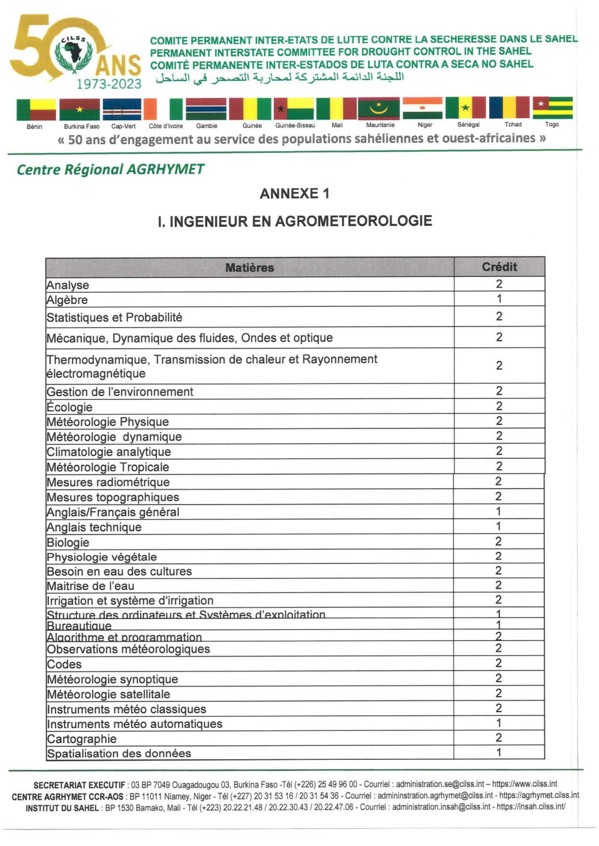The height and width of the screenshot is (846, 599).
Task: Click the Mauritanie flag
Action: pyautogui.click(x=379, y=109)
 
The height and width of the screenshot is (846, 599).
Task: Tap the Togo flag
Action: pyautogui.click(x=552, y=107)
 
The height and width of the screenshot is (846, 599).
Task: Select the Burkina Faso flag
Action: pyautogui.click(x=79, y=110)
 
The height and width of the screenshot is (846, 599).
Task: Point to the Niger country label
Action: pyautogui.click(x=424, y=125)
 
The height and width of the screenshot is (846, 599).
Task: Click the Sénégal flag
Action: pyautogui.click(x=465, y=107)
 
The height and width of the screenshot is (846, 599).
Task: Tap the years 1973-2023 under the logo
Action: pyautogui.click(x=109, y=84)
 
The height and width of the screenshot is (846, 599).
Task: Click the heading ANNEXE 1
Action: pyautogui.click(x=294, y=194)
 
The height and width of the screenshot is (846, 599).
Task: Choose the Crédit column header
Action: pyautogui.click(x=499, y=267)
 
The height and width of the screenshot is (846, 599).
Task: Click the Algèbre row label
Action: pyautogui.click(x=67, y=300)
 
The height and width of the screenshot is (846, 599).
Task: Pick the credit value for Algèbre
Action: pyautogui.click(x=499, y=298)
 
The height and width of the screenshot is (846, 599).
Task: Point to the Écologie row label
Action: pyautogui.click(x=69, y=407)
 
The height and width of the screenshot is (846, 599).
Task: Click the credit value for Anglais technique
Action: pyautogui.click(x=498, y=527)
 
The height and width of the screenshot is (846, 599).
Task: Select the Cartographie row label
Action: pyautogui.click(x=81, y=739)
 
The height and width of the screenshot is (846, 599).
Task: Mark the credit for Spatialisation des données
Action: pyautogui.click(x=498, y=752)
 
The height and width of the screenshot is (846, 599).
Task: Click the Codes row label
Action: pyautogui.click(x=64, y=664)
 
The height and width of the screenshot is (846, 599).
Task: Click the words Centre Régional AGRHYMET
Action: pyautogui.click(x=110, y=170)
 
